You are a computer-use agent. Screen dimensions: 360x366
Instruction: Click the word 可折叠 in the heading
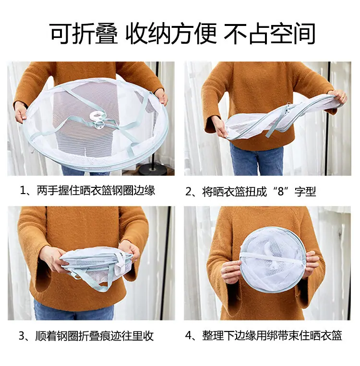[x=84, y=33]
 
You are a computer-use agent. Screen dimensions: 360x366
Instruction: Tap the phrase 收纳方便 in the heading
[x=171, y=33]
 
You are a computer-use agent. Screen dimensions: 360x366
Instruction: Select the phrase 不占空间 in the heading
[x=270, y=33]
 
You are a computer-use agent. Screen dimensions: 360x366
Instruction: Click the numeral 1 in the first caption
[x=23, y=191]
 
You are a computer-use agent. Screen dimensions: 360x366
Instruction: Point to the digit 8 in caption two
[x=281, y=191]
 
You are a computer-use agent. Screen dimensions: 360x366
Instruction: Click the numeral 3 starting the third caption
[x=22, y=336]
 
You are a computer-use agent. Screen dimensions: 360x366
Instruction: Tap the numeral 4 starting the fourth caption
[x=188, y=336]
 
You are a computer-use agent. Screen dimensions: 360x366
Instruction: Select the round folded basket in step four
[x=273, y=260]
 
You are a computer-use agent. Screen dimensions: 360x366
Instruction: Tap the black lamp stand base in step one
[x=153, y=169]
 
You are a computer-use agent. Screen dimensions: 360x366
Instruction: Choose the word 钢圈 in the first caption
[x=123, y=191]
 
